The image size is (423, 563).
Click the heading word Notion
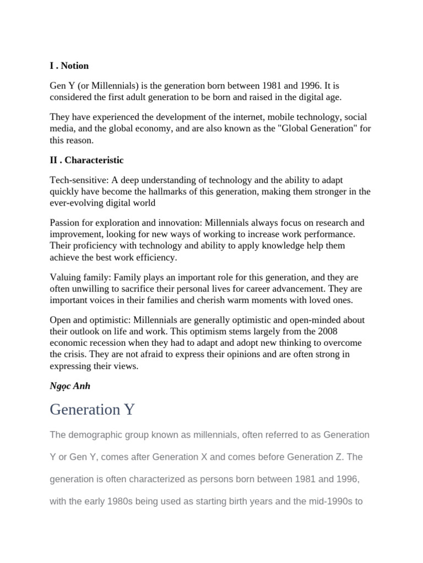click(75, 66)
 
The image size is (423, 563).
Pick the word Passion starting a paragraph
click(64, 223)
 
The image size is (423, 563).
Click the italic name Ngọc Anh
click(70, 386)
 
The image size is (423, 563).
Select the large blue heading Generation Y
click(92, 410)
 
